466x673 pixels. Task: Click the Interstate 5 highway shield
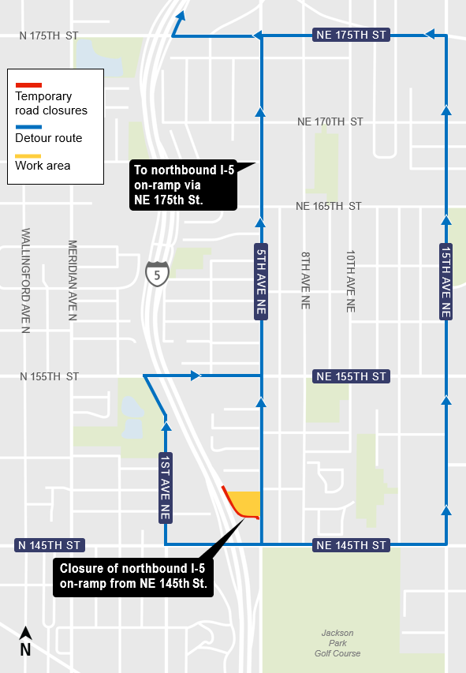pos(157,273)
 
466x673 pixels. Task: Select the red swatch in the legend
pos(28,84)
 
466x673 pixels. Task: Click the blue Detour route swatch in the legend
pos(28,125)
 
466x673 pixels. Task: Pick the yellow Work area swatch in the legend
pos(28,154)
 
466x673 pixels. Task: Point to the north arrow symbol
pos(25,641)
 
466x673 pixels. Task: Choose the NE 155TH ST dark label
pos(350,376)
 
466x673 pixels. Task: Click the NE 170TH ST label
pos(330,122)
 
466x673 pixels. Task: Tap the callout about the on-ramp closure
pos(133,577)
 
